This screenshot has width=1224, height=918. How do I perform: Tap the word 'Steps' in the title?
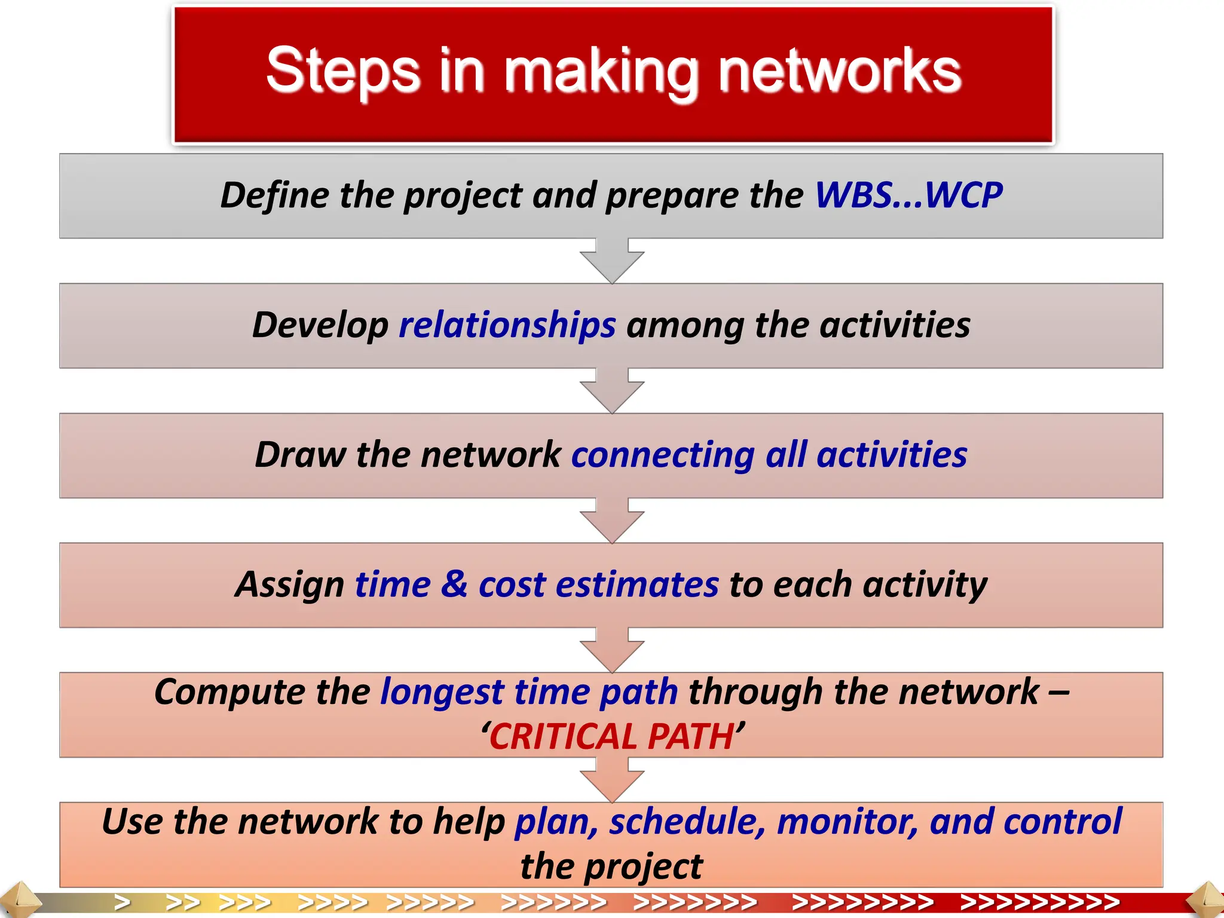(343, 72)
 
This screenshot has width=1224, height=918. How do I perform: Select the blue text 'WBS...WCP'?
(908, 195)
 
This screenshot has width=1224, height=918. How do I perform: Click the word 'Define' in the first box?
(274, 195)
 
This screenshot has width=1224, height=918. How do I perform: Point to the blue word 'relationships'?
(507, 325)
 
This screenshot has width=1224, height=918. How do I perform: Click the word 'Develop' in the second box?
(320, 325)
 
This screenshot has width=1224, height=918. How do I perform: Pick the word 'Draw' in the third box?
(300, 455)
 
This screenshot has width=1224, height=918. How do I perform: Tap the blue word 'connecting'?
(663, 455)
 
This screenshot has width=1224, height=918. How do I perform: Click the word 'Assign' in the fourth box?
(289, 585)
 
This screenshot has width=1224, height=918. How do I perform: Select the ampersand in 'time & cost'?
(454, 585)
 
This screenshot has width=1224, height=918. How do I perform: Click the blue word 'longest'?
(442, 692)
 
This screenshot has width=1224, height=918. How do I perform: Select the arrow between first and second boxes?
(612, 261)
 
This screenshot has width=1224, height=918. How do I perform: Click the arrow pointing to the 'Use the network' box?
(612, 779)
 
